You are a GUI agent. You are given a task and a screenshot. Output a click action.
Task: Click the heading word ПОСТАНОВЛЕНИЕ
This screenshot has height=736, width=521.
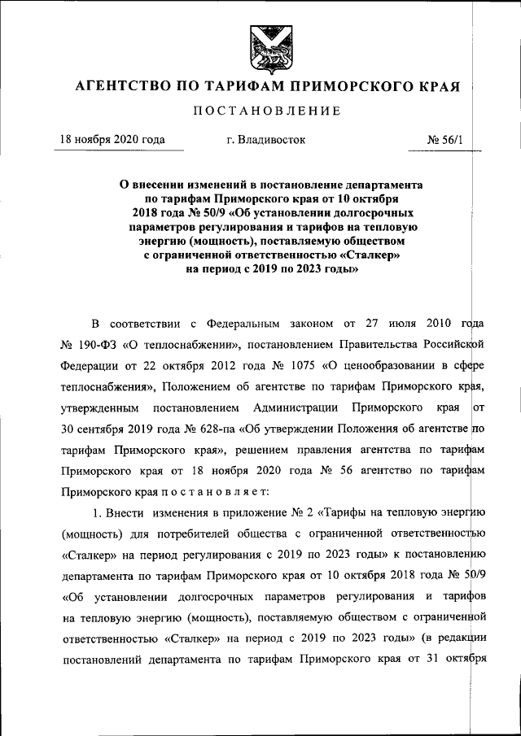pyautogui.click(x=261, y=110)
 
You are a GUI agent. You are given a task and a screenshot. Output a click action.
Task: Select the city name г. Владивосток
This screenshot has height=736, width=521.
pyautogui.click(x=266, y=140)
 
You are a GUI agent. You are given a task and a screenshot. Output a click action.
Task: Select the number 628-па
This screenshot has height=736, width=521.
pyautogui.click(x=234, y=427)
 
